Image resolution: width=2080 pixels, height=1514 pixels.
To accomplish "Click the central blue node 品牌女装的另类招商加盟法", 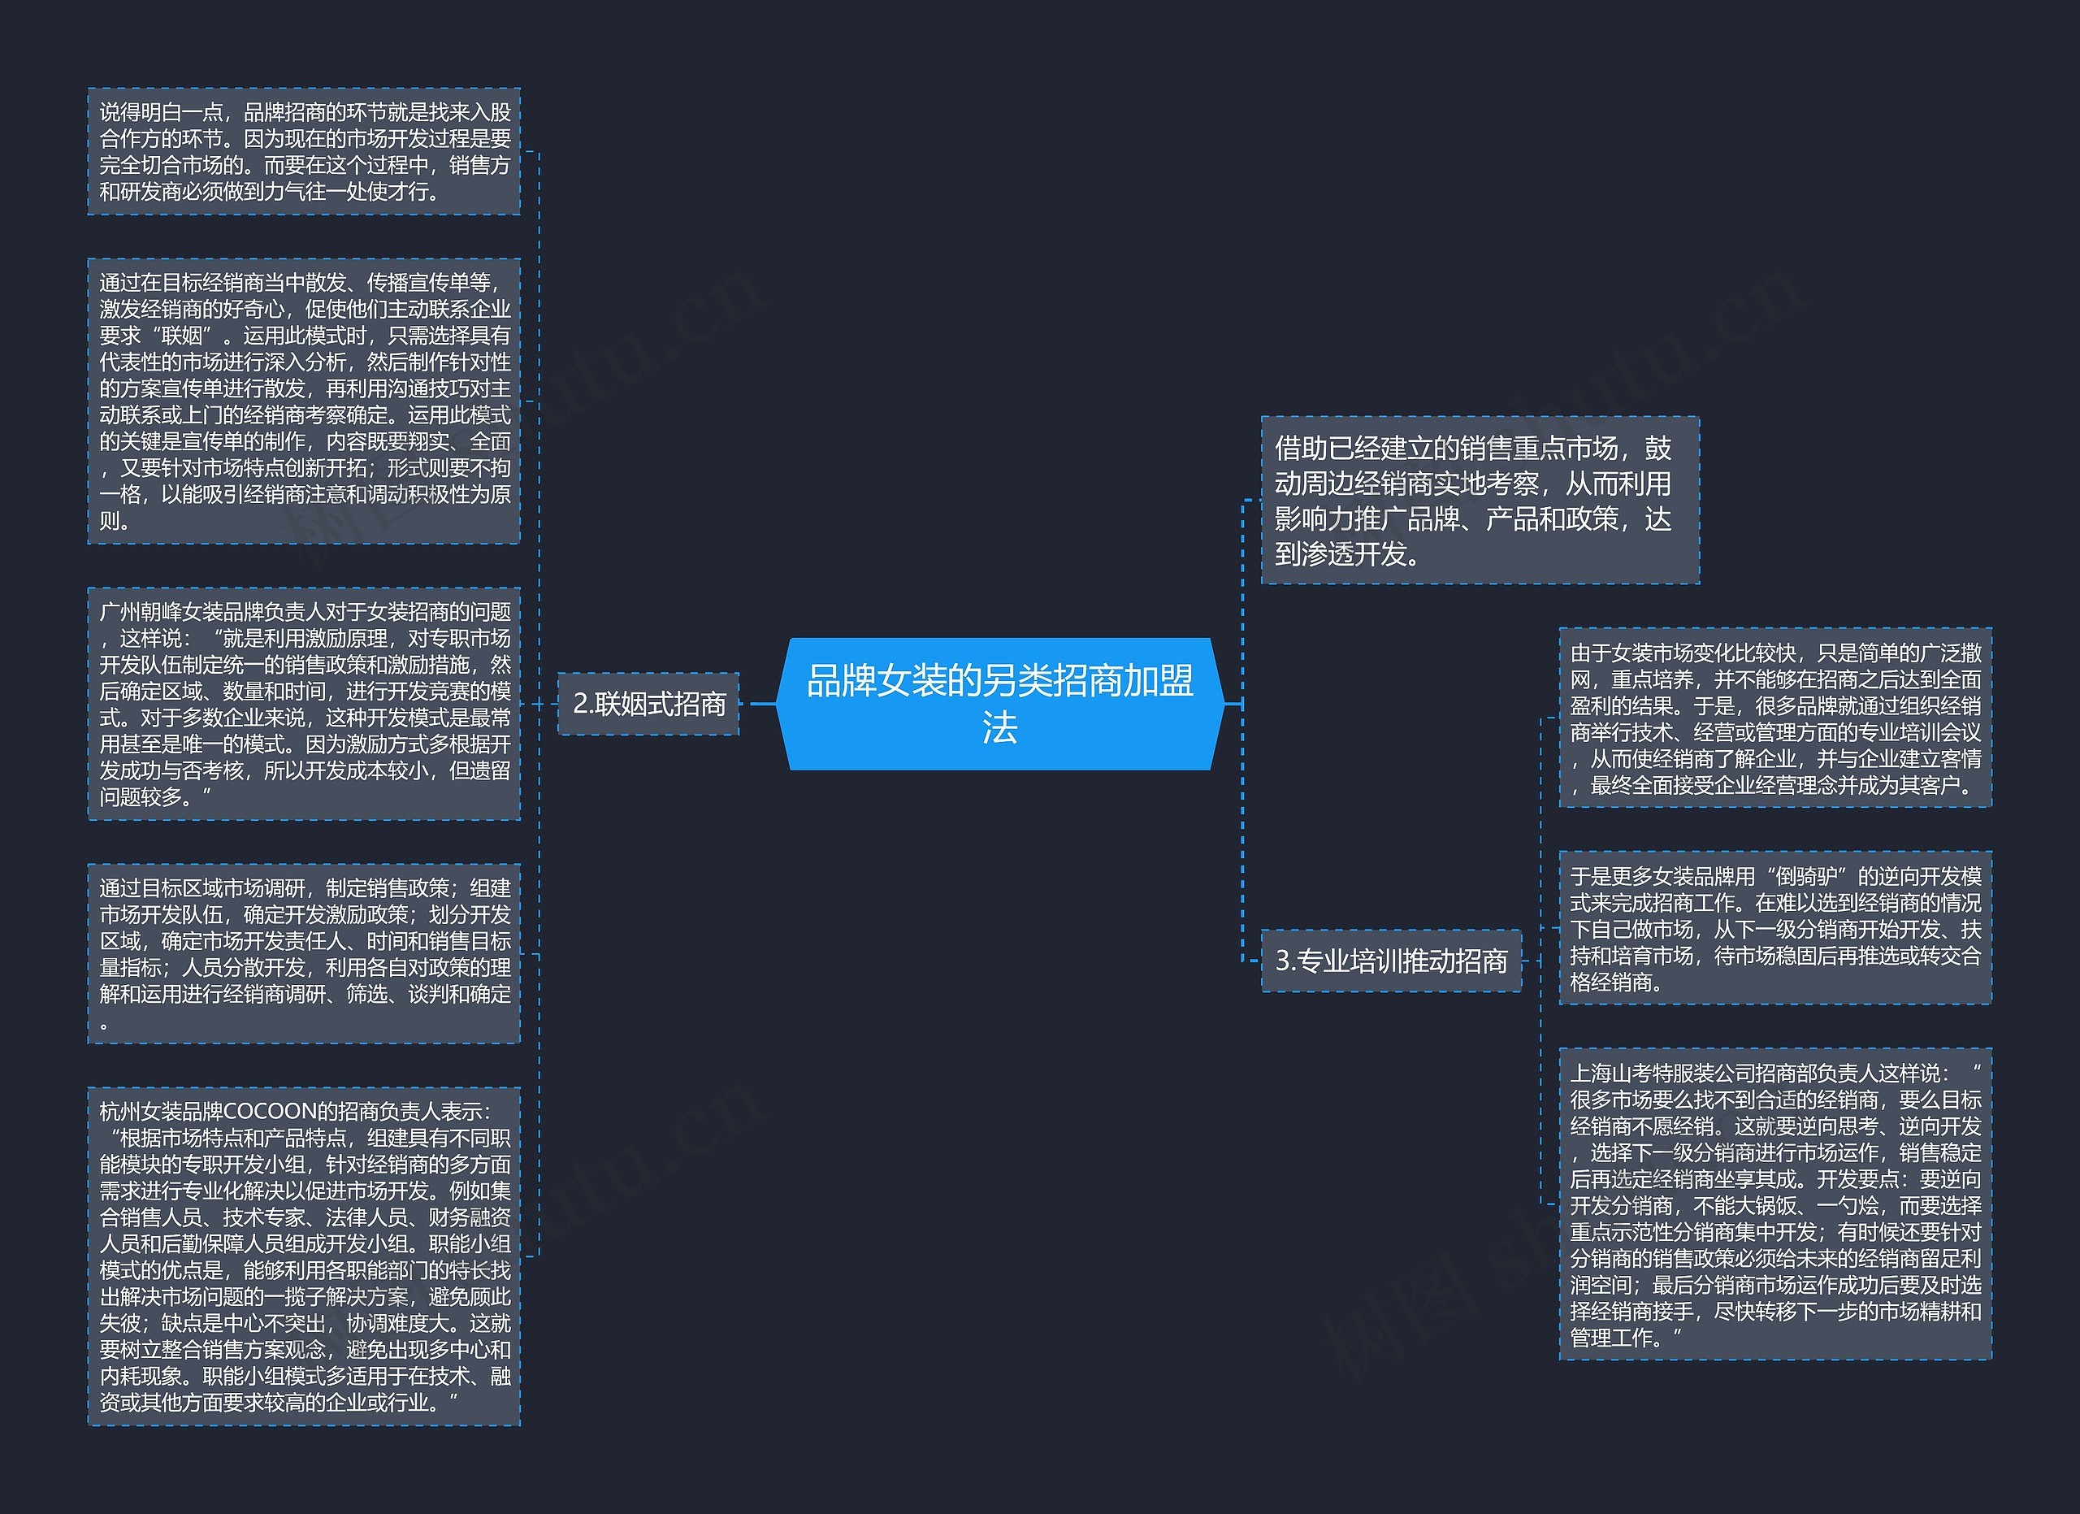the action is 999,703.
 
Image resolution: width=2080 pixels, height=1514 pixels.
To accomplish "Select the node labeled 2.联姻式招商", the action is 648,703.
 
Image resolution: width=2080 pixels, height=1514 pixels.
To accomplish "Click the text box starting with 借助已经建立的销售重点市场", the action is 1480,501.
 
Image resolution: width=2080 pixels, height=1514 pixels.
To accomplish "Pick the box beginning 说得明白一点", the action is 304,151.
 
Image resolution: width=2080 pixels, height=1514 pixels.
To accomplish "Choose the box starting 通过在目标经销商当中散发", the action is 304,401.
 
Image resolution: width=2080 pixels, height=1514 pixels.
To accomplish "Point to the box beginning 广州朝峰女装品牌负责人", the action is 304,703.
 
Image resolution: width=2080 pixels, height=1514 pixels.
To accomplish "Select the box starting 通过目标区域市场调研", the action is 304,954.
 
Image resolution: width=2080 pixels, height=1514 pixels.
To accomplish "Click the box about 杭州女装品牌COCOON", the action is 304,1256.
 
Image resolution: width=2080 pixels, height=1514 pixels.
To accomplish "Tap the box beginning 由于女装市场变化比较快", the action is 1774,718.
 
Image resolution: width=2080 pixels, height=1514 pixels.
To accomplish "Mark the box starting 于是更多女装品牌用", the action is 1774,928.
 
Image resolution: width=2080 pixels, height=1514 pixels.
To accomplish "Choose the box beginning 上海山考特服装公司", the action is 1774,1204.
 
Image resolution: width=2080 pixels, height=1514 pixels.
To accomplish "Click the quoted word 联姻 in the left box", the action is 181,336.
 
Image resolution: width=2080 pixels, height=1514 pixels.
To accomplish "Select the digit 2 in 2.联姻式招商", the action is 579,703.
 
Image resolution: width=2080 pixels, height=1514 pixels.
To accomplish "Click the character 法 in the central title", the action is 999,729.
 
